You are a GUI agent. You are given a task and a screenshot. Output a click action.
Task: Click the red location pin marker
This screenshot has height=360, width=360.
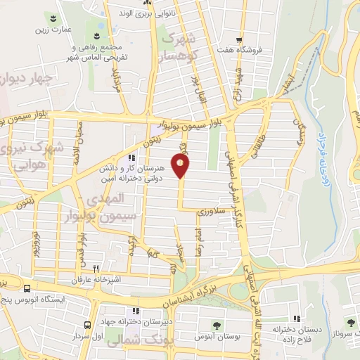point(181,166)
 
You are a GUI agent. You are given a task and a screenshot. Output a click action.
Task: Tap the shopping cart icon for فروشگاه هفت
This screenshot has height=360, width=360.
point(240,39)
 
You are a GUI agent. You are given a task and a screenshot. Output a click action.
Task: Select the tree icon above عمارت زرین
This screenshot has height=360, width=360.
point(56,15)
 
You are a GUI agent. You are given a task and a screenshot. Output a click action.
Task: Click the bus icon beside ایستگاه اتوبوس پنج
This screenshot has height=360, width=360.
point(27,288)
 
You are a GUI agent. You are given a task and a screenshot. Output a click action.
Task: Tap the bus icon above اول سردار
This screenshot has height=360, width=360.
point(88,325)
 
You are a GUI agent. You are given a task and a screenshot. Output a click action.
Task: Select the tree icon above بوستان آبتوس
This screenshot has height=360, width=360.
point(219,325)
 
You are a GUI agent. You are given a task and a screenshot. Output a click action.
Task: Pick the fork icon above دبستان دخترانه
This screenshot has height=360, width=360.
point(297,318)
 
